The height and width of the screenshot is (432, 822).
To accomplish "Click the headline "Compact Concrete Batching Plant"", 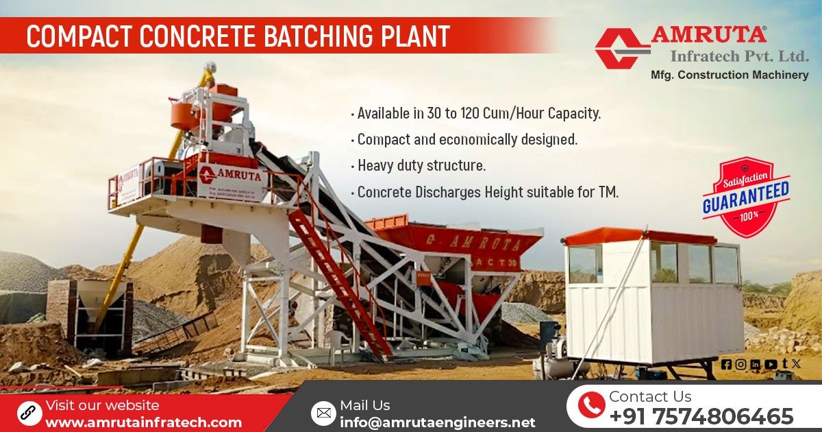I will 238,36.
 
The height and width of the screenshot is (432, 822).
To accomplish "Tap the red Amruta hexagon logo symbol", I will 621,48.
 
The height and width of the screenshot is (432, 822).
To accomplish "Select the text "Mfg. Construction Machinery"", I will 729,75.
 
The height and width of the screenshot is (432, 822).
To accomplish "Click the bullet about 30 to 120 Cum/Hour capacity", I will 478,113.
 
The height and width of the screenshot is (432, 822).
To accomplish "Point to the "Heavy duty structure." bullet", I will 421,166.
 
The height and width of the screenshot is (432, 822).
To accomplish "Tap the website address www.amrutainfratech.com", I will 143,422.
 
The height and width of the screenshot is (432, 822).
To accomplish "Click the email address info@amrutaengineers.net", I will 437,422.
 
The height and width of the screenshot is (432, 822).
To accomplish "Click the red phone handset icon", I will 590,405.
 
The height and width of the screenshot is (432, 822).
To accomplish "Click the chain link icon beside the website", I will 28,413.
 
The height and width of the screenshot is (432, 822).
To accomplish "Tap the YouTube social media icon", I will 771,365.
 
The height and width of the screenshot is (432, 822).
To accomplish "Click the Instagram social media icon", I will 740,365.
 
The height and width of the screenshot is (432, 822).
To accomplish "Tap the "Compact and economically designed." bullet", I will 467,140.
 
